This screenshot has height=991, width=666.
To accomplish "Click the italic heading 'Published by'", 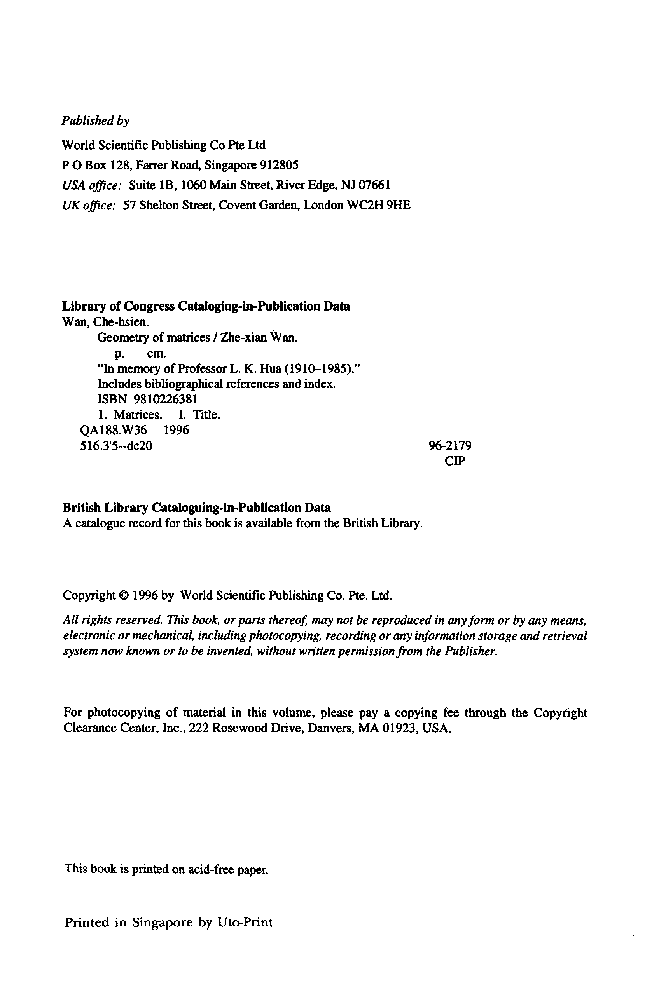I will pos(96,121).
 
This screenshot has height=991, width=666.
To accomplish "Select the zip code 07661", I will pos(374,185).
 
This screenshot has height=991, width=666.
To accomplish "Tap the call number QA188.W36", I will pos(114,431).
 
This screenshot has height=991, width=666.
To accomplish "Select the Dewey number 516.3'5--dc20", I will pos(116,446).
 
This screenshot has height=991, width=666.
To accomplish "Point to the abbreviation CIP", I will pos(455,461).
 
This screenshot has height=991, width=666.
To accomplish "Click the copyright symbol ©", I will pos(124,596).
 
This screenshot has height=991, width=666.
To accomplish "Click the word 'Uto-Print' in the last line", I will pos(245,923).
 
